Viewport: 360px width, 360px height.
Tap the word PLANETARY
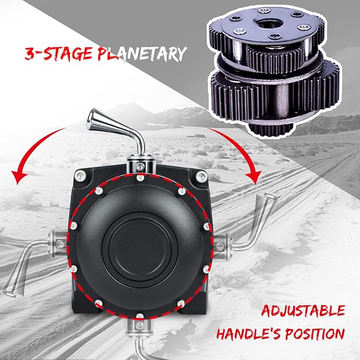[143, 54]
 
